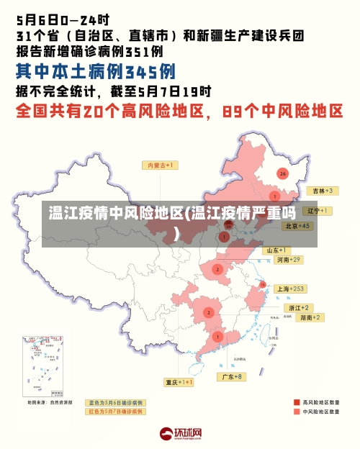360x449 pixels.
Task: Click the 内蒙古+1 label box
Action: pos(162,165)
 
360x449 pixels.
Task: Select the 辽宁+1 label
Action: pos(317,211)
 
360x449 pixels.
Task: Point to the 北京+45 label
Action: pos(297,225)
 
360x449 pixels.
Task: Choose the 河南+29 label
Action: pos(288,259)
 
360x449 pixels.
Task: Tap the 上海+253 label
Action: pos(291,289)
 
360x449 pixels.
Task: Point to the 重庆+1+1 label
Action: pos(179,382)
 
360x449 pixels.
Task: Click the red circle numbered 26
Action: pos(282,173)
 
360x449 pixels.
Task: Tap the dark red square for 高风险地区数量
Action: pos(296,402)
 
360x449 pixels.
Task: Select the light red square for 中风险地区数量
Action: pos(296,412)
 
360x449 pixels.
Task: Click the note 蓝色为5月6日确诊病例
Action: pos(115,403)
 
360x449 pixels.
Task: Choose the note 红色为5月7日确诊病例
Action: pos(115,412)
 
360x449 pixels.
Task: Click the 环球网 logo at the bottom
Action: pos(180,434)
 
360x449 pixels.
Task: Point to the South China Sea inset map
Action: pos(42,367)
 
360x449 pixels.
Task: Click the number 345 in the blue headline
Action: pos(150,71)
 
